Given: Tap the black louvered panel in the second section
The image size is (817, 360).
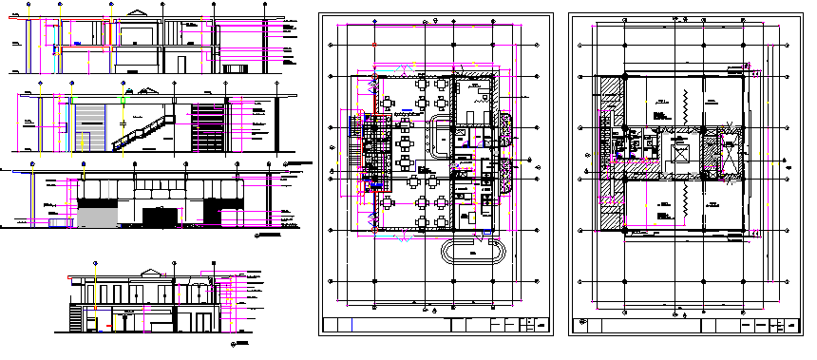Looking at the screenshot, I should [x=208, y=126].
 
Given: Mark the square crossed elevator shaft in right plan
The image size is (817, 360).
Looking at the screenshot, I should [x=680, y=152].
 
